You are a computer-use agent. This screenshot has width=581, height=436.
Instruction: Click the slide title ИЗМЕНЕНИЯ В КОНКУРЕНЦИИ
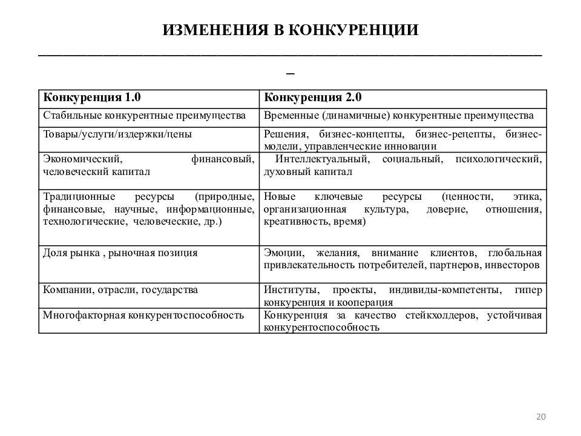pyautogui.click(x=290, y=30)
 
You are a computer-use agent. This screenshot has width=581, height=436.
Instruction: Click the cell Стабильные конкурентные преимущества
pyautogui.click(x=144, y=115)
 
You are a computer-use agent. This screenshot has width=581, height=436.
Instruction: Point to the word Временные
pyautogui.click(x=290, y=115)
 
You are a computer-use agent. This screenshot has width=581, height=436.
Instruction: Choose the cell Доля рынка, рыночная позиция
pyautogui.click(x=120, y=253)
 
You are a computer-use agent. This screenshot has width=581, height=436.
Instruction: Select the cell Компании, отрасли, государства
pyautogui.click(x=120, y=290)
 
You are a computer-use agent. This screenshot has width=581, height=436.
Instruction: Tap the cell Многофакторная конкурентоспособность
pyautogui.click(x=143, y=315)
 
